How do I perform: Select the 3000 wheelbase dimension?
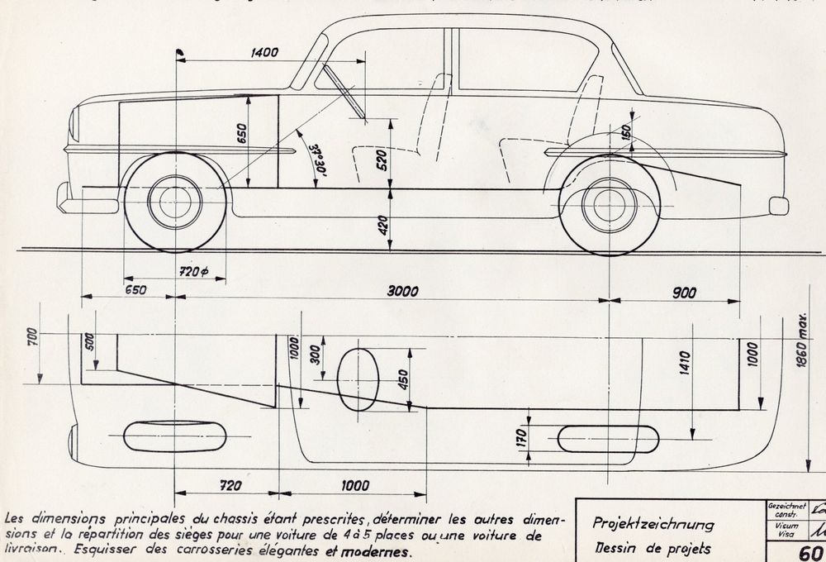point(404,291)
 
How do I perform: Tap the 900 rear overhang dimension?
point(683,291)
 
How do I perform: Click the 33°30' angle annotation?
point(316,158)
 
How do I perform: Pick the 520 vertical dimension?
point(381,161)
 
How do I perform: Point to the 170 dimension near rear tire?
point(521,436)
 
